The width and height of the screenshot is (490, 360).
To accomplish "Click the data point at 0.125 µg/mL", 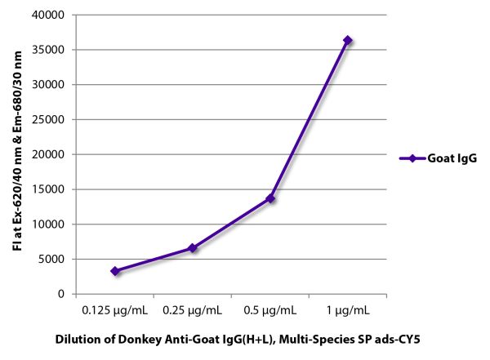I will (115, 271).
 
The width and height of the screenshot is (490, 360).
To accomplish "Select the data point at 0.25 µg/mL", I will (193, 247).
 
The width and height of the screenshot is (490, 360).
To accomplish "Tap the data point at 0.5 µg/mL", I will (270, 198).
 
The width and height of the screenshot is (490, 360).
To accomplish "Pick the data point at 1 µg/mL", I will (348, 40).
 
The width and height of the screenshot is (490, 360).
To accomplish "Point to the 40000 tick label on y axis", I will (51, 15).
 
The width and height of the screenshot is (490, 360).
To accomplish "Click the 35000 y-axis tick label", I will (51, 50).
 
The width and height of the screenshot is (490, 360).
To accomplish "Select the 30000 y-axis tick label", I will (51, 85).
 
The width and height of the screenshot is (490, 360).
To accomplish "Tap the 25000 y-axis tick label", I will (51, 119).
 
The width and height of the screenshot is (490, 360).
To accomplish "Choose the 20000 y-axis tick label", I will (51, 154).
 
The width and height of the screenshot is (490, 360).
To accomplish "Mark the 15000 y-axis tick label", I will (51, 189).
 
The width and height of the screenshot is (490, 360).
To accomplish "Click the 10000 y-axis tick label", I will (51, 224).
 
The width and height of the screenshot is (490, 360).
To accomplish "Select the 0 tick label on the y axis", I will (62, 294).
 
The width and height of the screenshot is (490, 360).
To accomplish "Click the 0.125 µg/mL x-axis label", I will (115, 310).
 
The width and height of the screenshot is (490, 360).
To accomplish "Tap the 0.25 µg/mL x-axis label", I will (193, 310).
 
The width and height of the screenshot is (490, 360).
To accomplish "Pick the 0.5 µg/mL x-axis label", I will (270, 310).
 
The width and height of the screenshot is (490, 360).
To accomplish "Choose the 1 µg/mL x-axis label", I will (348, 310).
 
